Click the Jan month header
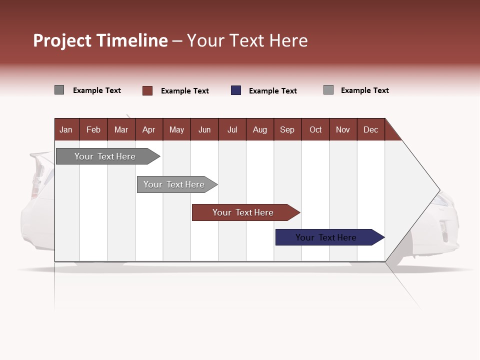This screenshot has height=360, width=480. pos(66,129)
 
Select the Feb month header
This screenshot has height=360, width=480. pos(93,129)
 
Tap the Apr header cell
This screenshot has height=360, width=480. pos(149,129)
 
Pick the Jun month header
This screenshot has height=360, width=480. pos(204,129)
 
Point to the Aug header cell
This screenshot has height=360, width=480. pos(260,129)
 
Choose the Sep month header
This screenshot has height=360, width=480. pos(287,129)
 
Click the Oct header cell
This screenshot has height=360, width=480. pos(315,129)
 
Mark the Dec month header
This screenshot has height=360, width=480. pos(371,129)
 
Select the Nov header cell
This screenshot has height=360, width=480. pos(343,129)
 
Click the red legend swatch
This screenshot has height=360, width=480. pos(147,90)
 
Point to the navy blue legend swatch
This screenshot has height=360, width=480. pos(236,90)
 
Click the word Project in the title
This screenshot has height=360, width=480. pos(62,40)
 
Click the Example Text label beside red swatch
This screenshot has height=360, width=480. pos(185,91)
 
